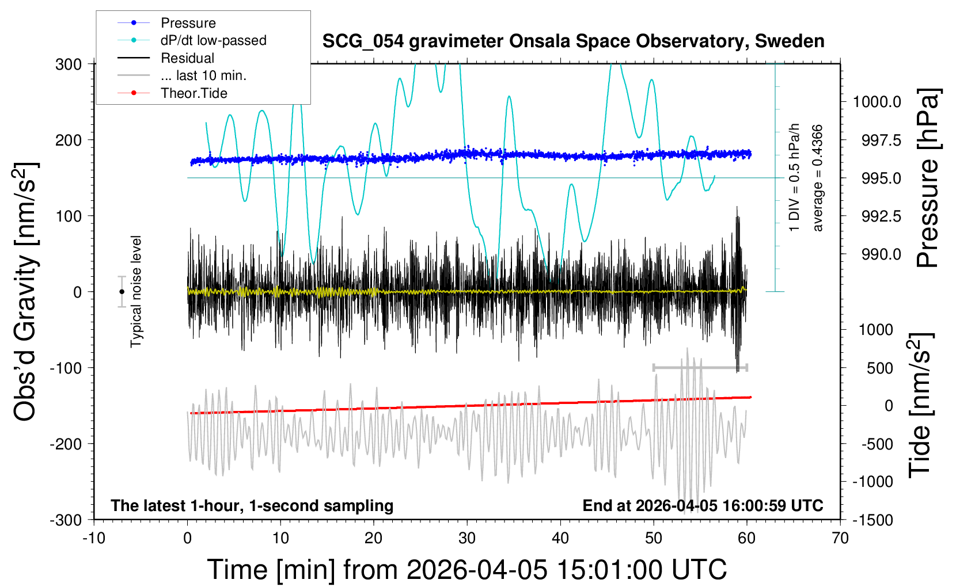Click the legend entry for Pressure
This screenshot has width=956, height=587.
coord(188,23)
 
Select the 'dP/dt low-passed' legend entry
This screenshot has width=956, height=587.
coord(213,40)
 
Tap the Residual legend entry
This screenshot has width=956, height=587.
coord(187,58)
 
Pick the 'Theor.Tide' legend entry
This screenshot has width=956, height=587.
coord(194,93)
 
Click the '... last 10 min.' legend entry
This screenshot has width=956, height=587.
coord(203,75)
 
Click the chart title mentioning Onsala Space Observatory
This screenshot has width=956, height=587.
coord(573,41)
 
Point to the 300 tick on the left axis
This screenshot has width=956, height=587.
coord(69,64)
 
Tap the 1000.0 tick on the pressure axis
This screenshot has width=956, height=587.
coord(877,102)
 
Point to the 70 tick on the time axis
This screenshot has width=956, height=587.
coord(840,539)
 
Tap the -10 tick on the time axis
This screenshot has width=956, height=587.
coord(94,539)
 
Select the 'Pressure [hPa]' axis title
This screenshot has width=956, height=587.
coord(928,178)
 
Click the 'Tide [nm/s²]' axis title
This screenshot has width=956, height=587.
coord(920,405)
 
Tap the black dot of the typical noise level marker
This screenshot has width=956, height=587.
coord(122,292)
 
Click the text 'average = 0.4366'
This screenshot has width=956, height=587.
coord(818,178)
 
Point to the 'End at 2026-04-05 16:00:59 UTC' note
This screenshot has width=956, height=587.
coord(703,506)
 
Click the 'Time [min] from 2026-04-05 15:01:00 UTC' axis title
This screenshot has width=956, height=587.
coord(466,570)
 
